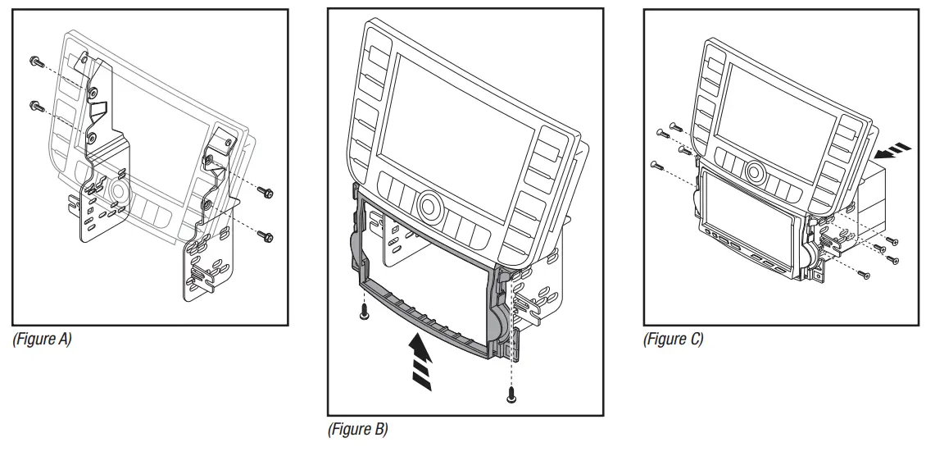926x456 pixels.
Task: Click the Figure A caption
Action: coord(42,338)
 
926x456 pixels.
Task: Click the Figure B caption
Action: coord(357,429)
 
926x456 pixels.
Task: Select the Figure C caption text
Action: coord(673,338)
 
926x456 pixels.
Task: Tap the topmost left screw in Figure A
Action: coord(34,62)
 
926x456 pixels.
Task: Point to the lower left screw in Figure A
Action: coord(35,106)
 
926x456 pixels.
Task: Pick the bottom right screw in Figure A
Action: coord(267,237)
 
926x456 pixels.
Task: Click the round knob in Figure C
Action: coord(754,173)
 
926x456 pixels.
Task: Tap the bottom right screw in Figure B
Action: coord(511,394)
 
